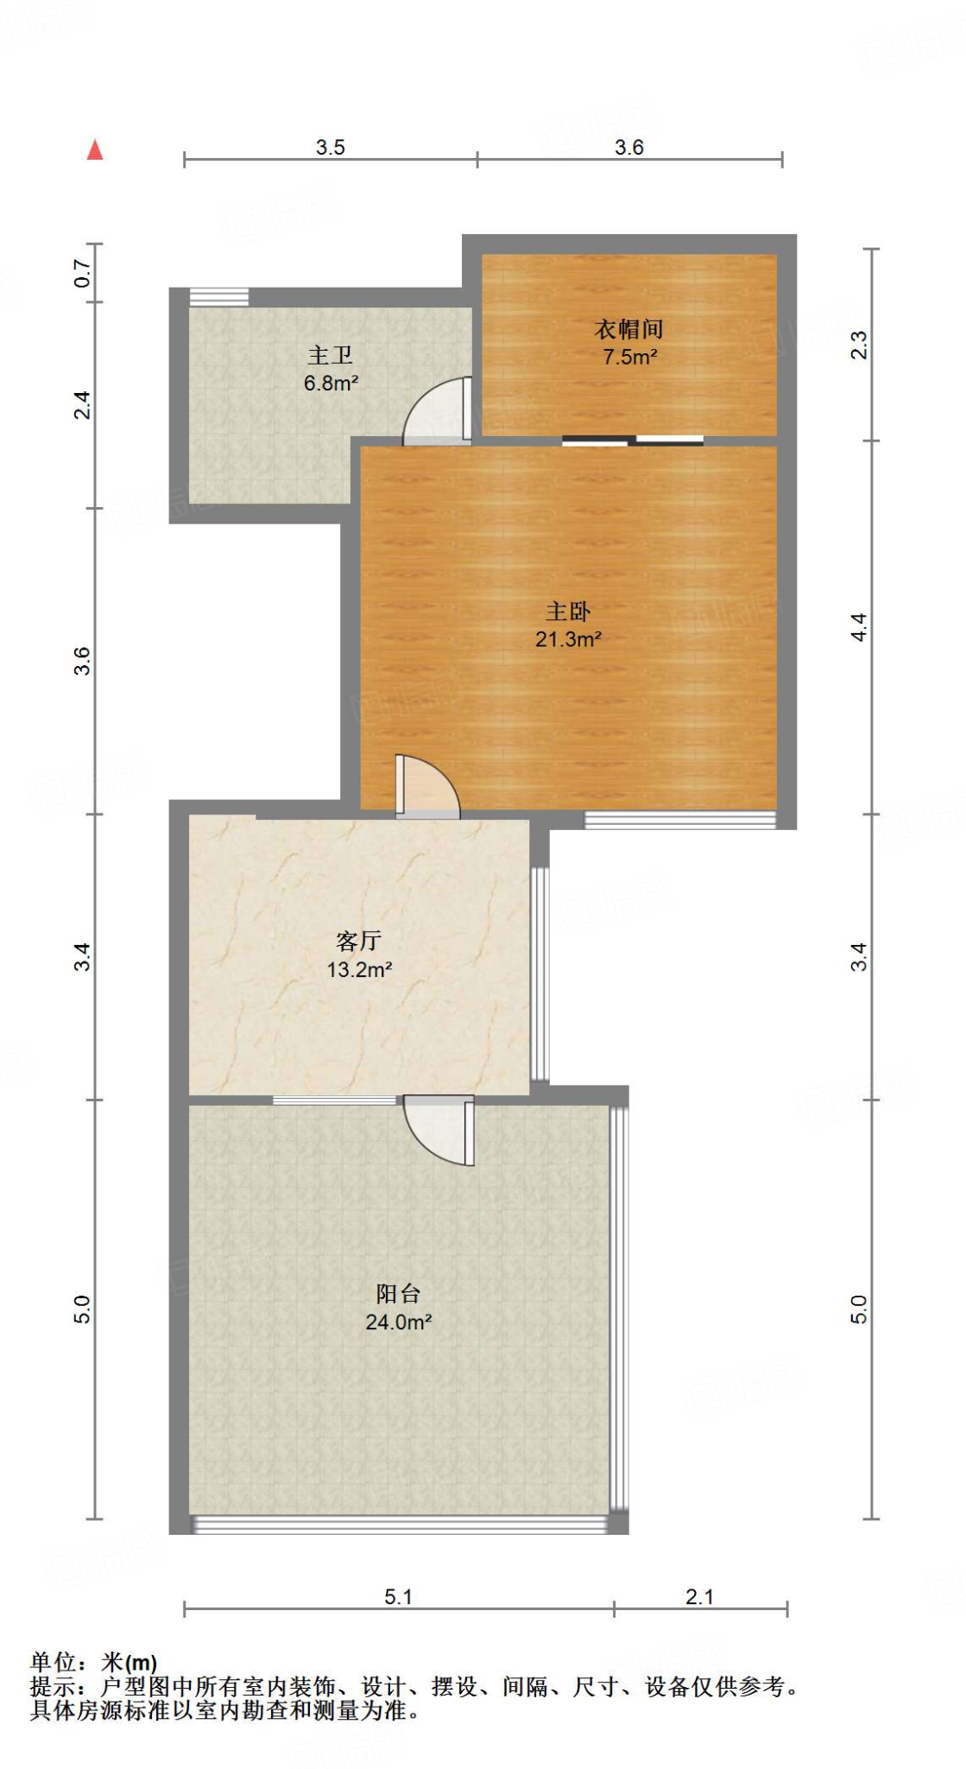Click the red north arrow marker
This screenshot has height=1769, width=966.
pos(95,150)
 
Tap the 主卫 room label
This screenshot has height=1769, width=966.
pos(330,355)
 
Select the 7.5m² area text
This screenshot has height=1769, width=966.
pos(629,357)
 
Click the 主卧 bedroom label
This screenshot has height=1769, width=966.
pos(567,612)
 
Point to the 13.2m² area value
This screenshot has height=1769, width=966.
pos(359,969)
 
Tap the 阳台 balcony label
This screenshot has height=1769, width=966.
pos(398,1293)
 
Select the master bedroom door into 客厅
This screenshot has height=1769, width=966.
pos(427,786)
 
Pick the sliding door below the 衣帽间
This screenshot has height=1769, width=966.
pos(633,441)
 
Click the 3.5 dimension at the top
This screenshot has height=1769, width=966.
pos(330,148)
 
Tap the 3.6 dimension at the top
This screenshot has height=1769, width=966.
pos(628,148)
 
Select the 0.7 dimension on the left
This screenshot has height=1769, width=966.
pos(82,274)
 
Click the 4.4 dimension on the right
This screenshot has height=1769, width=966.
pos(858,626)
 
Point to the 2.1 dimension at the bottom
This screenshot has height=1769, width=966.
pos(699,1597)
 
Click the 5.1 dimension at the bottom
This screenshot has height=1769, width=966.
pos(398,1597)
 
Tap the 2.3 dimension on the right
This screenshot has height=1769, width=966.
pos(858,345)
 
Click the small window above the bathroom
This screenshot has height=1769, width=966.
pos(219,296)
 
